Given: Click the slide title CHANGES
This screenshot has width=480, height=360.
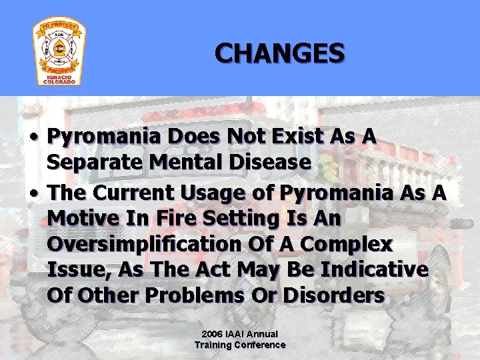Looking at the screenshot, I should (x=279, y=53).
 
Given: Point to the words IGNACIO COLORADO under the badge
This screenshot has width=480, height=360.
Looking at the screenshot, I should (x=59, y=79).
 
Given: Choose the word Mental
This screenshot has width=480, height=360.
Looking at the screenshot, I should (x=188, y=162).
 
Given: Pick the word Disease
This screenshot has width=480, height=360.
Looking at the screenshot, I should (x=273, y=162).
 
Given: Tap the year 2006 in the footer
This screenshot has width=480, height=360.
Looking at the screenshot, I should (x=212, y=333).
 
